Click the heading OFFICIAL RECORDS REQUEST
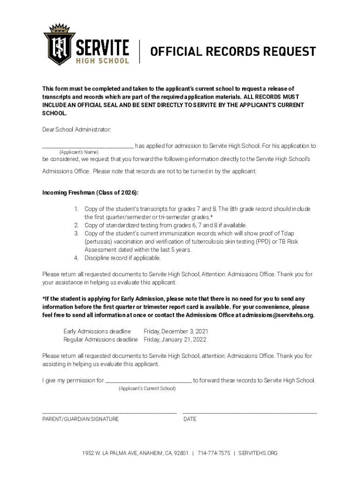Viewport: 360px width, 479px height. coord(233,51)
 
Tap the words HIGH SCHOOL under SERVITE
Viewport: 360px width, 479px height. coord(102,61)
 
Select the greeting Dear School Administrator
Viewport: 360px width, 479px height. coord(77,129)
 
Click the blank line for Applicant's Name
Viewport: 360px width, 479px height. coord(88,146)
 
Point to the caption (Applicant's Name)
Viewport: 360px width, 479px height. coord(79,152)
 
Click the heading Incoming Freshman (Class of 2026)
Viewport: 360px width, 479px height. coord(90,193)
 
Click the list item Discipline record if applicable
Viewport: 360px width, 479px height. coord(122,258)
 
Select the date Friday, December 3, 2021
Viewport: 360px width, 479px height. coord(176,331)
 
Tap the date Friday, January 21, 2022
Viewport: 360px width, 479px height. coord(175,339)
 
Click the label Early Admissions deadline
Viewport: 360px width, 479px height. coord(97,331)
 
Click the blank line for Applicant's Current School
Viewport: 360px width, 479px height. coord(148,381)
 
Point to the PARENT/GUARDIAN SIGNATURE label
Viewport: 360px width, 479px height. coord(80,419)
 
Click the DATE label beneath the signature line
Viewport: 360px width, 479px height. coord(190,419)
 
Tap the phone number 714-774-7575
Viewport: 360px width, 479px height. coord(214,453)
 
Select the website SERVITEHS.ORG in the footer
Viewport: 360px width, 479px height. coord(258,453)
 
